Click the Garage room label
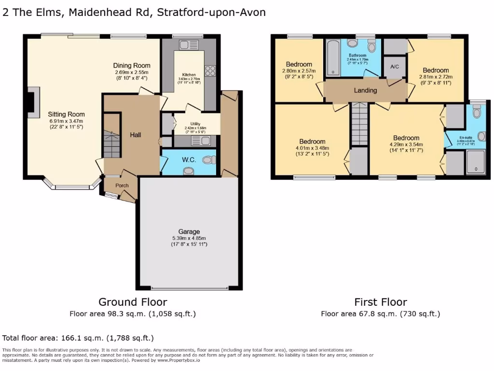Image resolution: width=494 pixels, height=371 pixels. tap(188, 231)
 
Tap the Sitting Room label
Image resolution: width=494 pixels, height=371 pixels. tap(66, 114)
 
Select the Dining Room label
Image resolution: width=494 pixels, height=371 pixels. tap(132, 66)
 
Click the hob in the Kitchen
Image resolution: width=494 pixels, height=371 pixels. tap(210, 71)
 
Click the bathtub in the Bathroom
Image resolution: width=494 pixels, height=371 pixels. tap(333, 58)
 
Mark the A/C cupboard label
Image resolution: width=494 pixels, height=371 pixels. tap(395, 67)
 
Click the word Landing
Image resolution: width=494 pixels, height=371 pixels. tap(365, 90)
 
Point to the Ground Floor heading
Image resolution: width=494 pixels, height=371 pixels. tap(133, 302)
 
